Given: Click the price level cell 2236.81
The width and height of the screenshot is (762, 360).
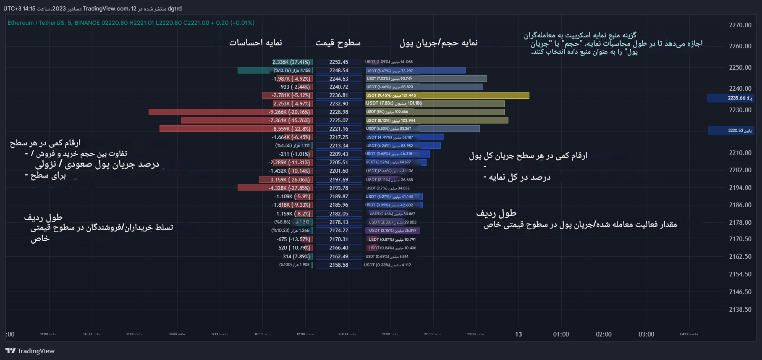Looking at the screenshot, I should [339, 95].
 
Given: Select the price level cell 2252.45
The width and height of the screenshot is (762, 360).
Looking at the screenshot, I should [339, 62].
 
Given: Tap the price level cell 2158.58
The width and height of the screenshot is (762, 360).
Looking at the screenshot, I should [339, 265].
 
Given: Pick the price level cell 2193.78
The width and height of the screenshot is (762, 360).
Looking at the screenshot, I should [339, 188].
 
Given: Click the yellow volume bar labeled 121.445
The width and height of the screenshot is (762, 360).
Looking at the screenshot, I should [447, 95].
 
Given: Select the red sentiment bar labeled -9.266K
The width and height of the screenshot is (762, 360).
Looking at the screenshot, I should [230, 112].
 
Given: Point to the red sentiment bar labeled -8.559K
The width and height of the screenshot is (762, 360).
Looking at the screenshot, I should [236, 129].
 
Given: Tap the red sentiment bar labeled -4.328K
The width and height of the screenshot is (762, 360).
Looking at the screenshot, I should [275, 188].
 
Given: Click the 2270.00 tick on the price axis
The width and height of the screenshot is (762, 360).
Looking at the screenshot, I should [740, 25].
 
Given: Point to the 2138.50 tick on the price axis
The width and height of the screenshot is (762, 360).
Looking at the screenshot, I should [740, 310].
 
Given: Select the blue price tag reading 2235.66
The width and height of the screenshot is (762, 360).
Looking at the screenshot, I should [731, 98].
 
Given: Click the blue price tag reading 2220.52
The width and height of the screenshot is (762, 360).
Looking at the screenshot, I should [731, 131].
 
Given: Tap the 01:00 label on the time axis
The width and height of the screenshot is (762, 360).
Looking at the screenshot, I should [561, 334].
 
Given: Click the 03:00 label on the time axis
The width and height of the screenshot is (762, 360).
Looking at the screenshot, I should [646, 334].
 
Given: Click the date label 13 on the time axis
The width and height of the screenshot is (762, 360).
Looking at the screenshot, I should [518, 334].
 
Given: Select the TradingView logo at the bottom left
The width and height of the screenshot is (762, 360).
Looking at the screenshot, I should [30, 351].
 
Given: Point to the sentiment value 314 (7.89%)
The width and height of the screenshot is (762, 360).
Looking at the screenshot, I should [296, 257].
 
